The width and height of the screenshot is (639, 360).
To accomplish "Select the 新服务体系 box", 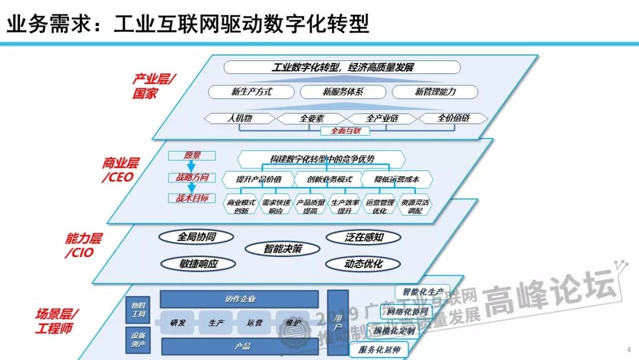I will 343,92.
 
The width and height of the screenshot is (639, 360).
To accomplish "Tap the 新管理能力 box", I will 435,92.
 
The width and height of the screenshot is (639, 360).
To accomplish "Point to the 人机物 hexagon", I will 240,118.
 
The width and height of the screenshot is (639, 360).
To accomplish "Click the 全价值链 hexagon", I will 453,118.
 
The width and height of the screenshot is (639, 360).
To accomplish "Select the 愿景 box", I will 192,156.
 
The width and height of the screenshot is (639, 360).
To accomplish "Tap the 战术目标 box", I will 192,198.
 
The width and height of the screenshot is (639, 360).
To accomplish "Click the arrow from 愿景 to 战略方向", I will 192,166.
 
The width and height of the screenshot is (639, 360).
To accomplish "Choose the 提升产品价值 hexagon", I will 259,179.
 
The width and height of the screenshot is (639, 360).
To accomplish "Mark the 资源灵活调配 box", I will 415,206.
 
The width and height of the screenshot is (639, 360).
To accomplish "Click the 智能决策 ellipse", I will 282,249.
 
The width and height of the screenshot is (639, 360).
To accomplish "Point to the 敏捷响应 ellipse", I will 199,264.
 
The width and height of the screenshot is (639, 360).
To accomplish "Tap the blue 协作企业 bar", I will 240,299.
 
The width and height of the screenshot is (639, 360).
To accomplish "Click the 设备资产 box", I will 137,340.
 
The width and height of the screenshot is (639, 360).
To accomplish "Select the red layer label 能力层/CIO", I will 83,245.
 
